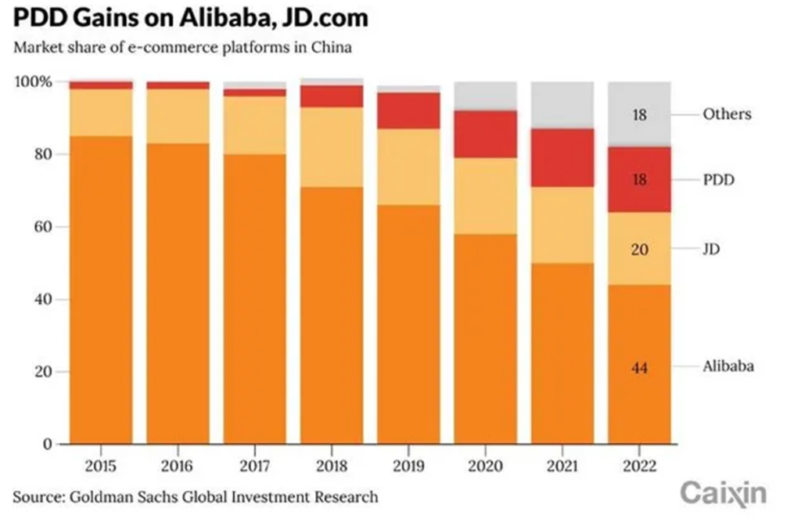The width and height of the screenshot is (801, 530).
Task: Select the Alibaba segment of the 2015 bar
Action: pyautogui.click(x=101, y=290)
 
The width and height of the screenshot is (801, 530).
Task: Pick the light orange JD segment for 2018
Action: pyautogui.click(x=332, y=146)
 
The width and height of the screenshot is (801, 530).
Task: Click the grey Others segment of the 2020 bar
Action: pyautogui.click(x=486, y=96)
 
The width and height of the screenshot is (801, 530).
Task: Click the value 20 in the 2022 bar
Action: pyautogui.click(x=639, y=250)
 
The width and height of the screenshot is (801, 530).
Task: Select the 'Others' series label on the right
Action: pyautogui.click(x=726, y=114)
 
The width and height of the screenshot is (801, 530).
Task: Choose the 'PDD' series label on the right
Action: pyautogui.click(x=719, y=179)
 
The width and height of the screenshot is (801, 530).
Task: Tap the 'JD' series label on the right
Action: pyautogui.click(x=711, y=250)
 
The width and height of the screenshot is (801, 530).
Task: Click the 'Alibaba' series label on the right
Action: pyautogui.click(x=727, y=366)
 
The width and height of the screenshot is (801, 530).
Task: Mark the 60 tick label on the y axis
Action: pyautogui.click(x=42, y=227)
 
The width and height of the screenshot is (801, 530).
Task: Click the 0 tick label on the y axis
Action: pyautogui.click(x=47, y=444)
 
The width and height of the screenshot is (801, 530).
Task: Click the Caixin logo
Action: pyautogui.click(x=723, y=492)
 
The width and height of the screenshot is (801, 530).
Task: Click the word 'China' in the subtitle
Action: pyautogui.click(x=332, y=47)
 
